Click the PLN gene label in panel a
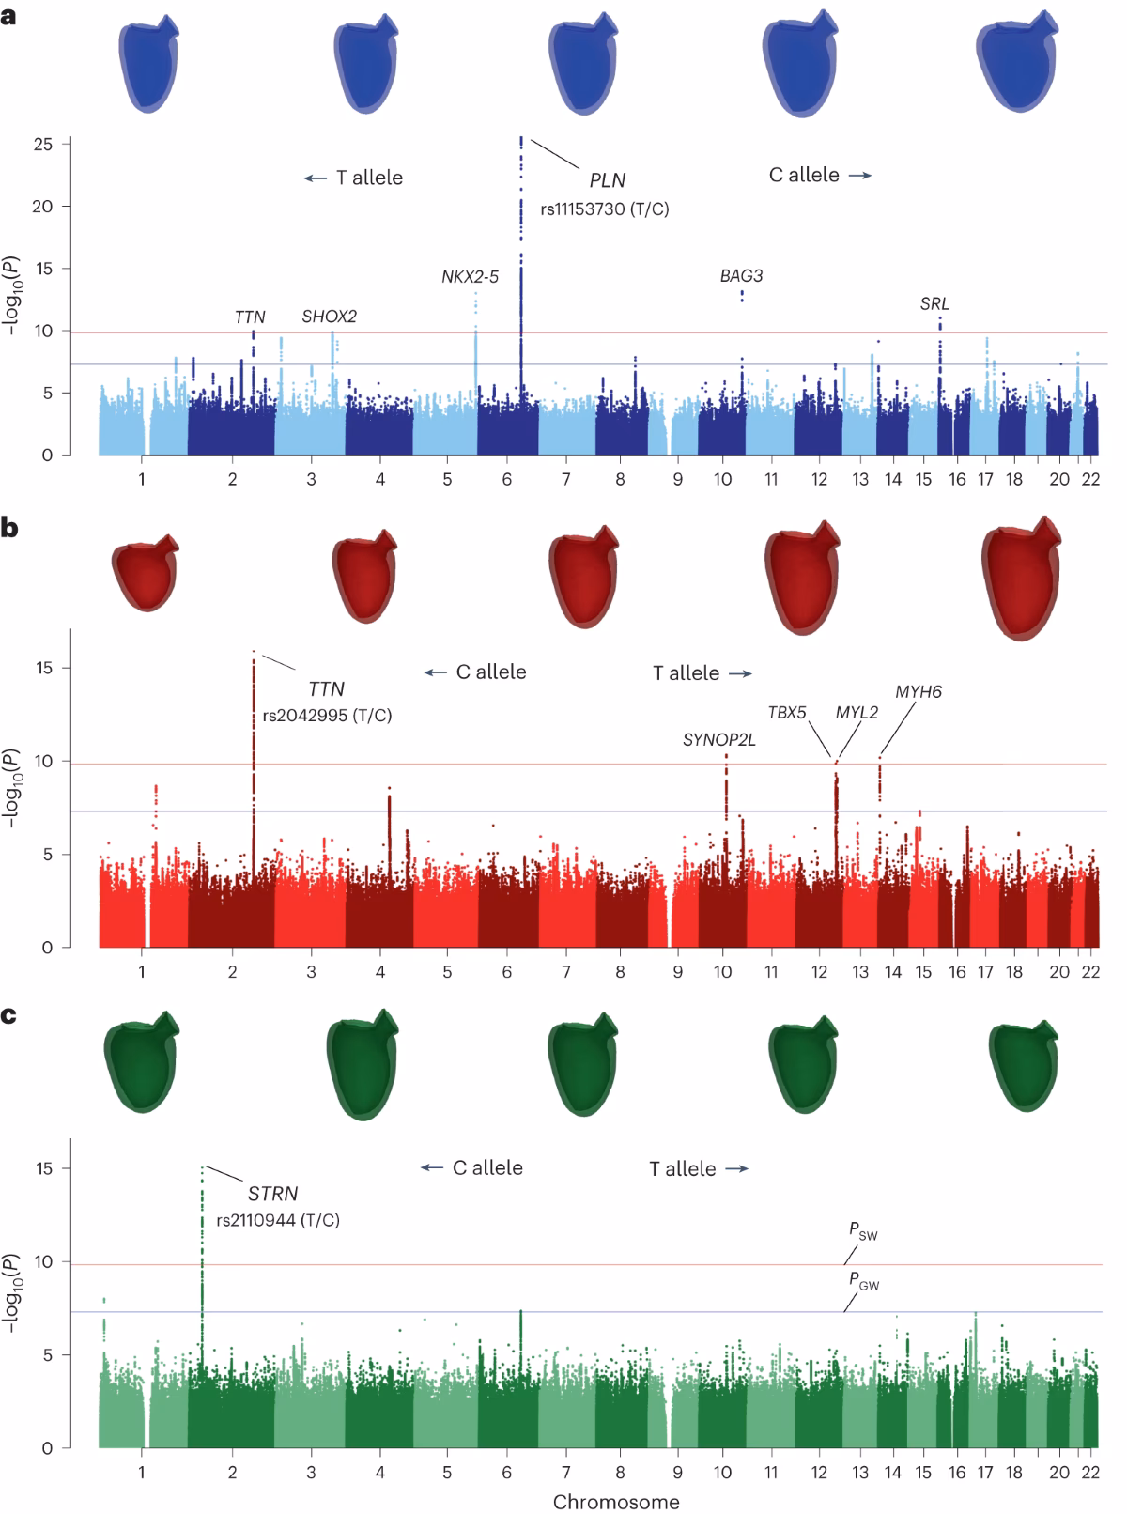click(607, 180)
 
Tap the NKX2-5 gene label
click(470, 277)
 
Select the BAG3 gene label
click(741, 276)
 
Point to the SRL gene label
click(934, 304)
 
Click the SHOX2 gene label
click(329, 317)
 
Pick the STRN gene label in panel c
click(272, 1194)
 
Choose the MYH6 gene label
click(918, 692)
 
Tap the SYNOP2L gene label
click(718, 740)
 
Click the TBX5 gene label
click(787, 713)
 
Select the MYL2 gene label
click(857, 713)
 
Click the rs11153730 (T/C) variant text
click(604, 209)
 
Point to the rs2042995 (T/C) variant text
click(327, 716)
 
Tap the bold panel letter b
click(9, 528)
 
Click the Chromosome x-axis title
click(615, 1501)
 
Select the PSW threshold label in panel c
click(863, 1230)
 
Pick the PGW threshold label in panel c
click(863, 1280)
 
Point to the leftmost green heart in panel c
click(139, 1063)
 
